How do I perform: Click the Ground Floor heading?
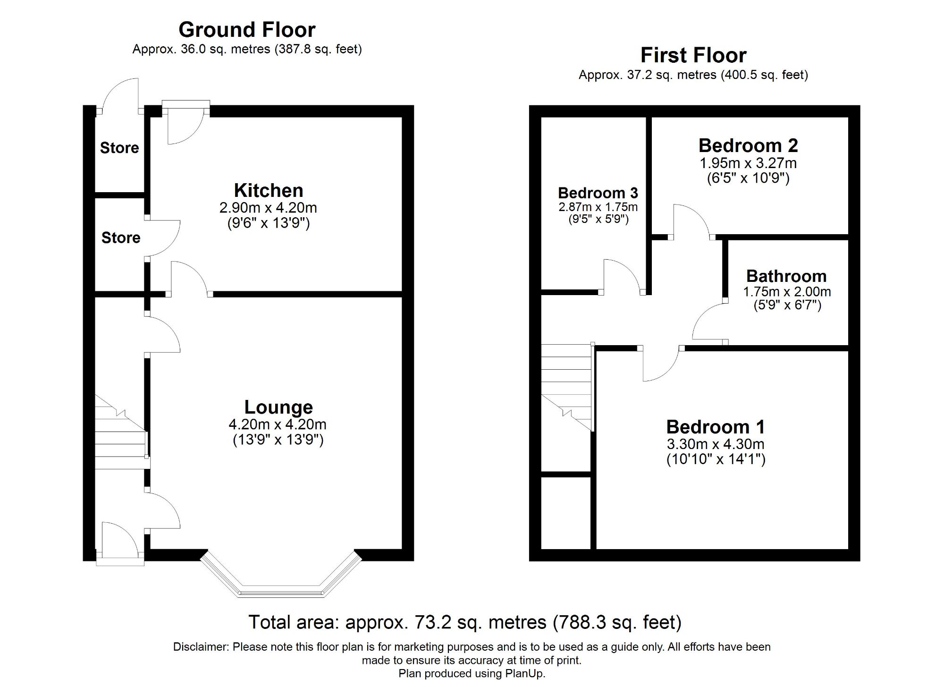pyautogui.click(x=247, y=30)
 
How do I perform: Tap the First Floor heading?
pyautogui.click(x=693, y=55)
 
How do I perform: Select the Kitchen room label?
pyautogui.click(x=269, y=190)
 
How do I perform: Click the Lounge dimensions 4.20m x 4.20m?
pyautogui.click(x=278, y=424)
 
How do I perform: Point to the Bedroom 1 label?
pyautogui.click(x=715, y=427)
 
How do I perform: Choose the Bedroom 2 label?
pyautogui.click(x=748, y=145)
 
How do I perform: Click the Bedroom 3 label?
pyautogui.click(x=598, y=193)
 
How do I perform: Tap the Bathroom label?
pyautogui.click(x=786, y=276)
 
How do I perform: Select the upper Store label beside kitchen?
pyautogui.click(x=119, y=148)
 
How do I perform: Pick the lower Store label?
pyautogui.click(x=121, y=237)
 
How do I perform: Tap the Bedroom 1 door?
pyautogui.click(x=661, y=366)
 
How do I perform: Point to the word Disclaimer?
pyautogui.click(x=201, y=647)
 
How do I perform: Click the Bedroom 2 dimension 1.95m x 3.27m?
pyautogui.click(x=748, y=163)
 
